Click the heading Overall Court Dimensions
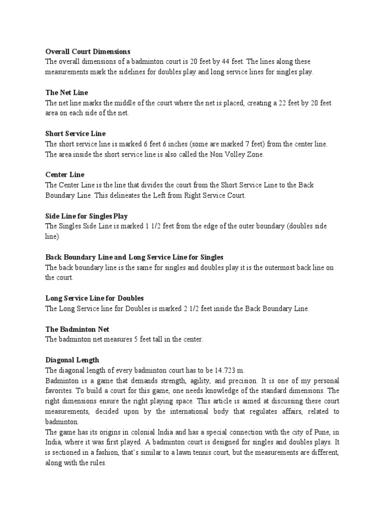click(88, 51)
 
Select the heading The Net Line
click(67, 93)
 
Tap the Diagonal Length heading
click(72, 360)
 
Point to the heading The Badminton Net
click(77, 329)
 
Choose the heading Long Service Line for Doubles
click(95, 298)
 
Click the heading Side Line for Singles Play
click(87, 216)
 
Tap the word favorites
click(59, 390)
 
